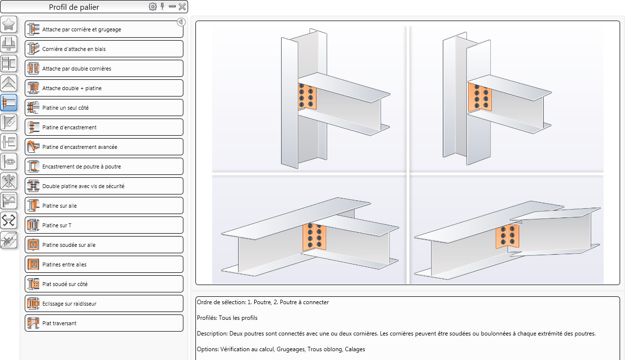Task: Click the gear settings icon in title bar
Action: (x=152, y=7)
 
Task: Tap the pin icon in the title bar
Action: (x=163, y=6)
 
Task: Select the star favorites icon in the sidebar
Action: (x=9, y=24)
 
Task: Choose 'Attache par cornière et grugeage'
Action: (x=104, y=29)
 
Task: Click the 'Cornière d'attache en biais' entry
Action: (x=104, y=49)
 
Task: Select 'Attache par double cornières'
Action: (x=104, y=69)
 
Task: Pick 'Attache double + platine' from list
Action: (x=104, y=88)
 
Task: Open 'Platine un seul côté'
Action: (x=104, y=107)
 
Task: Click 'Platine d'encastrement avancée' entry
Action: (x=104, y=147)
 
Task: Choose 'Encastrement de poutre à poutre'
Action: (x=104, y=167)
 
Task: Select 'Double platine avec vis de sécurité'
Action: (x=104, y=186)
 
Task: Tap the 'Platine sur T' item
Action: (x=104, y=225)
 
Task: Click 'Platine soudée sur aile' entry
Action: (x=104, y=245)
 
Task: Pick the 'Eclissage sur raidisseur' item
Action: (x=104, y=304)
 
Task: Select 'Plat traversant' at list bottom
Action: (x=104, y=323)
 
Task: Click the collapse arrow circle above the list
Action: (x=181, y=22)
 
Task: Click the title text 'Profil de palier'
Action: (x=74, y=7)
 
